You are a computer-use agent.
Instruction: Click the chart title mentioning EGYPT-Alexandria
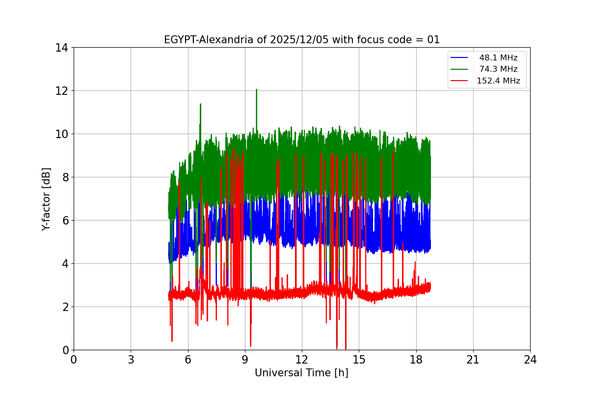click(301, 40)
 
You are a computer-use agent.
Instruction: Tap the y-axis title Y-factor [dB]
click(46, 199)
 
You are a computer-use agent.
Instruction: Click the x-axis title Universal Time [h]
click(301, 373)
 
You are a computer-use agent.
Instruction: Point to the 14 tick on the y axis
click(61, 48)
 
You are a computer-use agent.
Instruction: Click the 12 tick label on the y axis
click(61, 91)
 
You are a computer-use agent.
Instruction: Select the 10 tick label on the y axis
click(61, 134)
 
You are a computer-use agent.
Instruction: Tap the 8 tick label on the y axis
click(64, 177)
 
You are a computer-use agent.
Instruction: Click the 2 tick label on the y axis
click(64, 307)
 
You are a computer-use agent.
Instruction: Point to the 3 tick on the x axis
click(131, 360)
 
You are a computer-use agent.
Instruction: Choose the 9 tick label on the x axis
click(245, 360)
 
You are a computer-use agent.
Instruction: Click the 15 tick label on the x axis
click(359, 360)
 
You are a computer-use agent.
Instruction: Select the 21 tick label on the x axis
click(473, 360)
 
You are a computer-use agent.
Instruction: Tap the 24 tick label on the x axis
click(530, 360)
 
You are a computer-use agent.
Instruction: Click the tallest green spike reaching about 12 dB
click(256, 90)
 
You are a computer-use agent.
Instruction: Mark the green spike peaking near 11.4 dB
click(200, 105)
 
